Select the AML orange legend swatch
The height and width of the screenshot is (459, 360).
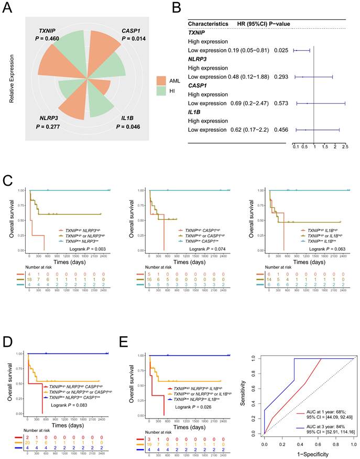pyautogui.click(x=162, y=80)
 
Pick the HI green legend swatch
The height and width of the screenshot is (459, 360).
pyautogui.click(x=162, y=91)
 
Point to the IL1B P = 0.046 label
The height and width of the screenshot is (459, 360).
pyautogui.click(x=135, y=123)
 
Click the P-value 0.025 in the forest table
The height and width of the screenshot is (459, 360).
pyautogui.click(x=281, y=50)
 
